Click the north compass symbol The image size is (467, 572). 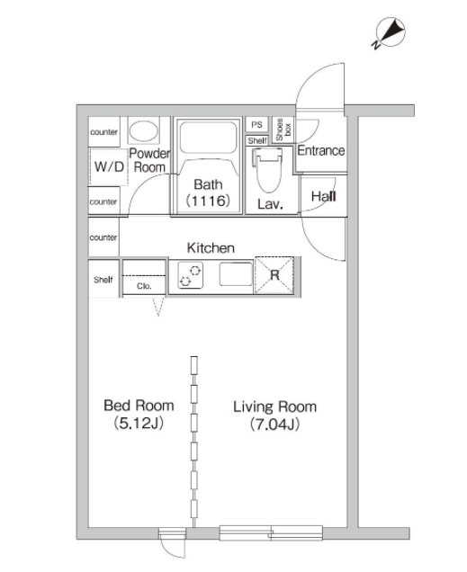tap(390, 32)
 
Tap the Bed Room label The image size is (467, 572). tap(139, 406)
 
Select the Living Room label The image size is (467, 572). tap(274, 407)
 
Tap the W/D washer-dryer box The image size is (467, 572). tap(109, 166)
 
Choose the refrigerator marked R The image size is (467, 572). tap(274, 274)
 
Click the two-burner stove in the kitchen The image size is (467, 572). tap(191, 275)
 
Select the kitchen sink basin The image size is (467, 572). tap(236, 274)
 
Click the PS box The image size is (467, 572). tap(256, 125)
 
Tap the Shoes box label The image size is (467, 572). tap(283, 130)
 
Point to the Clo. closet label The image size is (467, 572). tap(144, 286)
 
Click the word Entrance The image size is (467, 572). tap(321, 150)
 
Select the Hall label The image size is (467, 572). tap(324, 197)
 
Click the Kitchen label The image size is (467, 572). tap(211, 248)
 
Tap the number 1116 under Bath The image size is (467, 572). tap(208, 201)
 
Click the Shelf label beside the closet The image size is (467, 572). tap(103, 280)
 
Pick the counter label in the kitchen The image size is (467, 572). tap(103, 237)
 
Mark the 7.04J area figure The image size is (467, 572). tap(274, 425)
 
